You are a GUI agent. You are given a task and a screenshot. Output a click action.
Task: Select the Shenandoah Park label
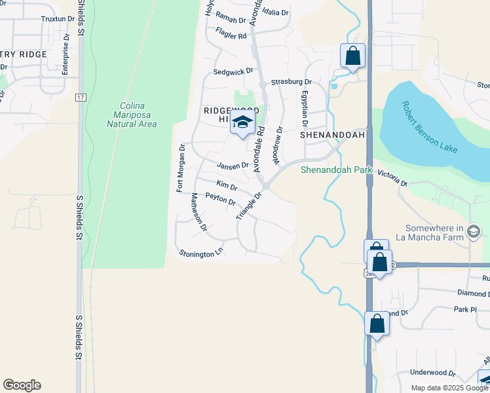tap(336, 170)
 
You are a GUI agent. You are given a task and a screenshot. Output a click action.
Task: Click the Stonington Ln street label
tap(201, 252)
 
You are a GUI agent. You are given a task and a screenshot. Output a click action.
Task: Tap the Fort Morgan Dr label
tap(181, 168)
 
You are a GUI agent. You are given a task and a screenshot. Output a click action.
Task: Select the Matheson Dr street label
tap(199, 213)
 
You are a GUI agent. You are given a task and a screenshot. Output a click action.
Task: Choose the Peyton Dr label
tap(220, 198)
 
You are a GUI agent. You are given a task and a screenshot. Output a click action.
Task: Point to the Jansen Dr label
tap(233, 166)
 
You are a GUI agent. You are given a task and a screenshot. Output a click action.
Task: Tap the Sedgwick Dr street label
tap(233, 71)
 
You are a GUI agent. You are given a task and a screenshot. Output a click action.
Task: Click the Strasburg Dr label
tap(291, 82)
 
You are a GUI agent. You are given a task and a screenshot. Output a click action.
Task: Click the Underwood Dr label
tap(433, 372)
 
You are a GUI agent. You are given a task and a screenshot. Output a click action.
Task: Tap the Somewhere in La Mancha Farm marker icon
tap(475, 231)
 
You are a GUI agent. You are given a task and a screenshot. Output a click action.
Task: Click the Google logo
tap(22, 385)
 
